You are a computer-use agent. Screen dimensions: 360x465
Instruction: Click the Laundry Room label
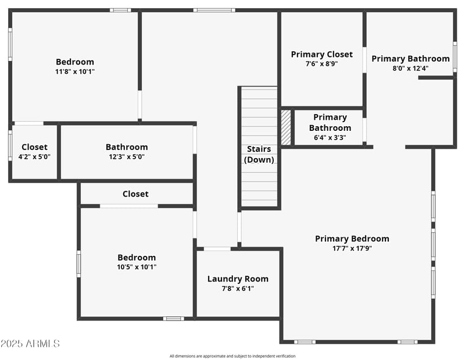(238, 279)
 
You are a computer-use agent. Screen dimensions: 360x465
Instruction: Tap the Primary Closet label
(321, 55)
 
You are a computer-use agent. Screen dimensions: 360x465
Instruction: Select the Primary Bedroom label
(352, 238)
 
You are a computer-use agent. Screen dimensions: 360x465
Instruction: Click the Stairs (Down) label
(259, 154)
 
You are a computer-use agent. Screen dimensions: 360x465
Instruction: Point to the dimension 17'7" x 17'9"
(352, 248)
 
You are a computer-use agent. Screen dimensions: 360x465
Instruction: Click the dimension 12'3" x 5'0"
(127, 156)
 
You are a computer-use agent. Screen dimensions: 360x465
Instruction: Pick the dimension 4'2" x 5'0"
(34, 156)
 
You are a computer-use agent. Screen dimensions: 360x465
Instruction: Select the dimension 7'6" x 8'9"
(321, 64)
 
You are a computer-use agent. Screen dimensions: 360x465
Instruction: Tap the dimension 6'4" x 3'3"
(330, 138)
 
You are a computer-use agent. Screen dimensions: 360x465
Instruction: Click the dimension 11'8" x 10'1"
(74, 72)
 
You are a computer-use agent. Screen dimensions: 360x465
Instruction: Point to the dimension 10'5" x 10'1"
(137, 267)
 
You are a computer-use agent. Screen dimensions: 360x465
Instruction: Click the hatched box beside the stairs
(285, 127)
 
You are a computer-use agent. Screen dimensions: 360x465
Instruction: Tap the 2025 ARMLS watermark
(30, 344)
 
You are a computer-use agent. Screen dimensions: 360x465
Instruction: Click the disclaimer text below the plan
(233, 356)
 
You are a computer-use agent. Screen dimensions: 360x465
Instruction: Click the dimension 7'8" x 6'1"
(238, 288)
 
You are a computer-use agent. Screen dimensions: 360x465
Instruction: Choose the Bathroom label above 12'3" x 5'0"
(127, 147)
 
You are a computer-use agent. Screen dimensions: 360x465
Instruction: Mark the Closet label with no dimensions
(135, 194)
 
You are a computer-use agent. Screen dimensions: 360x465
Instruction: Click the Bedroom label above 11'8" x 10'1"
(74, 62)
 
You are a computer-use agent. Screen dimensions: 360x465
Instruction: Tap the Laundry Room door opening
(217, 249)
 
